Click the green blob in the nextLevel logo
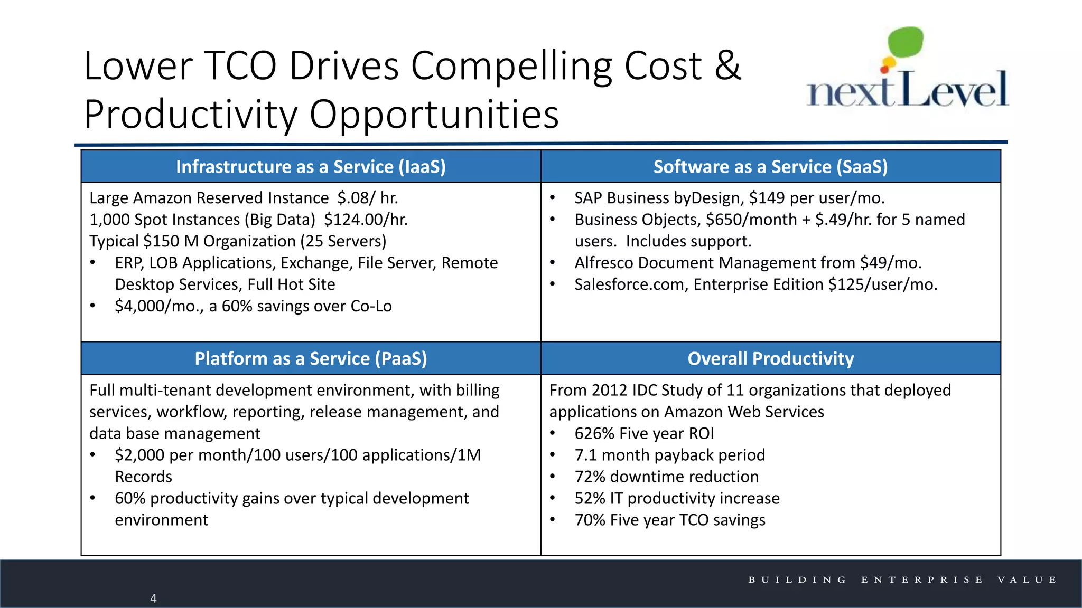(906, 42)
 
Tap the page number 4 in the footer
(153, 598)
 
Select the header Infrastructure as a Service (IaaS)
(311, 167)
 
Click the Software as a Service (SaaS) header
(770, 167)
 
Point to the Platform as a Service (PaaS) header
(311, 359)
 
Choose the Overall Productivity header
(770, 359)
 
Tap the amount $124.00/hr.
(366, 220)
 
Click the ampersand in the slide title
(728, 66)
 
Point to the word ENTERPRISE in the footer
(922, 580)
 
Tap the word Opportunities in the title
(434, 114)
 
